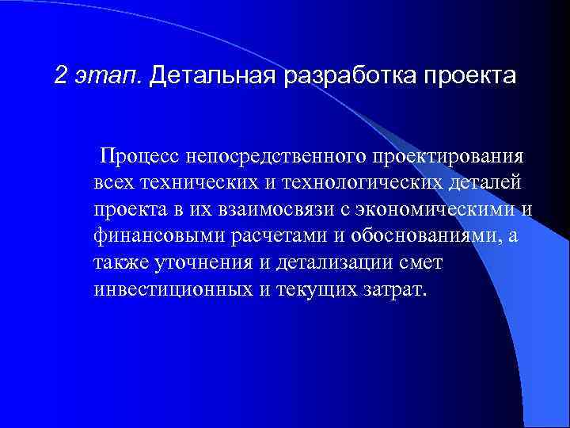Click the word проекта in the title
(470, 76)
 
